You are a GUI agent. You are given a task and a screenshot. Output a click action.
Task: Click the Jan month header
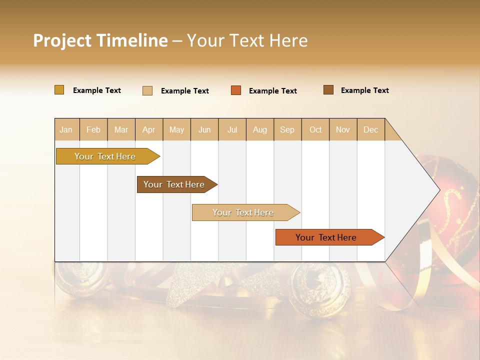(x=66, y=130)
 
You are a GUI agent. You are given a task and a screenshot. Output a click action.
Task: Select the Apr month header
(x=149, y=130)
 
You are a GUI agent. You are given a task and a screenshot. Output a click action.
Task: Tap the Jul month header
(x=232, y=130)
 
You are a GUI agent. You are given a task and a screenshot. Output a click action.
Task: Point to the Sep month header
(x=287, y=130)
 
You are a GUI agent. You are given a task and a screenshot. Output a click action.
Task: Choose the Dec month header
(x=370, y=130)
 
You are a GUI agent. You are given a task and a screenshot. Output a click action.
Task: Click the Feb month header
(x=93, y=130)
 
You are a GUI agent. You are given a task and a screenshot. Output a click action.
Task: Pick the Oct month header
(x=315, y=130)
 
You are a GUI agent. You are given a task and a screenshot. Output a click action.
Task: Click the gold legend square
(x=59, y=90)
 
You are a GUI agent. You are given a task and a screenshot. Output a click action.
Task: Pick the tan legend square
(x=147, y=90)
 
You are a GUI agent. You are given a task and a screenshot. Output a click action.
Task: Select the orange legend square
(x=236, y=90)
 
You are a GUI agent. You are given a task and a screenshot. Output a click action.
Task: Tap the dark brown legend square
(x=328, y=90)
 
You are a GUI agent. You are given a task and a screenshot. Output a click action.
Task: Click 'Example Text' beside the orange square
(x=272, y=91)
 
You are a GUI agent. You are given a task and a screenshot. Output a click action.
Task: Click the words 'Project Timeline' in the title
(x=100, y=40)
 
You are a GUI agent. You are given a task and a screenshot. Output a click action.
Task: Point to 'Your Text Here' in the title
(x=247, y=40)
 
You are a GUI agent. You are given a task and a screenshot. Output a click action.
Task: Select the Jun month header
(x=204, y=130)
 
